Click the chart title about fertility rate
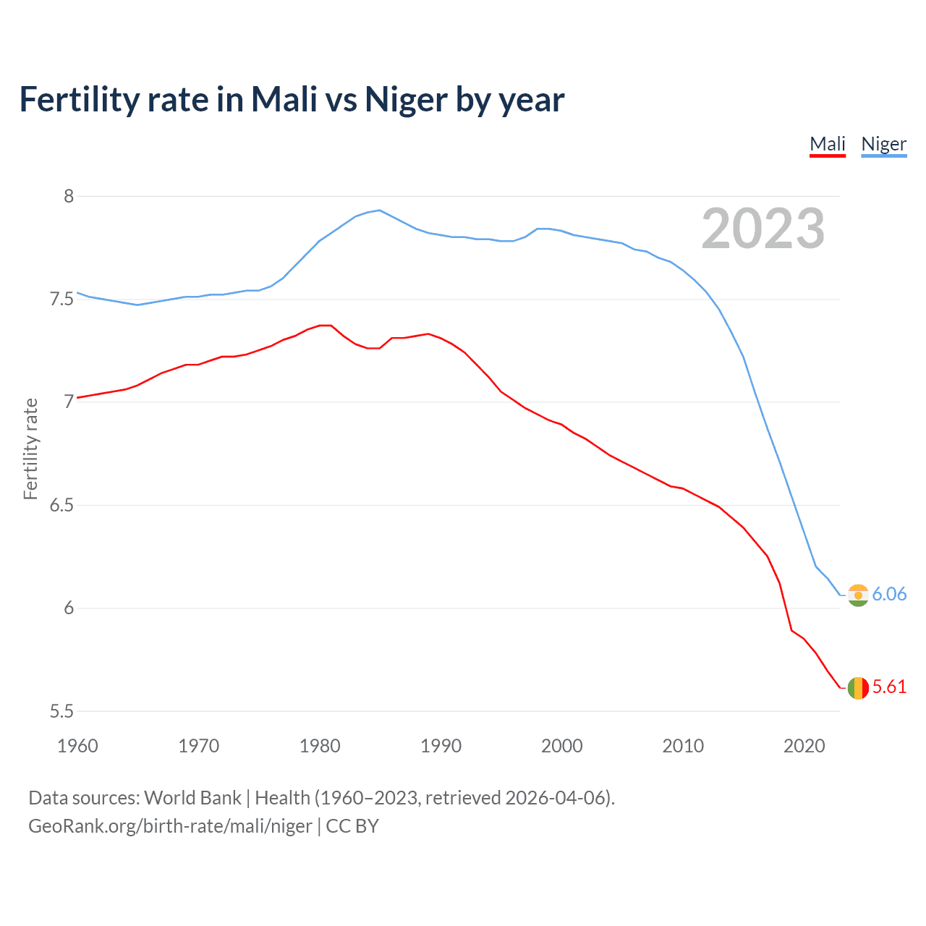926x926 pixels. pos(292,99)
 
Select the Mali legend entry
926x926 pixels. pos(828,144)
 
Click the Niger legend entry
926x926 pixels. pos(883,144)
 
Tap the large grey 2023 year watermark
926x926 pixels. pos(763,229)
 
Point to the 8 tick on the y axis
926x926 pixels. pos(69,196)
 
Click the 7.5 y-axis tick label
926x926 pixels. pos(61,299)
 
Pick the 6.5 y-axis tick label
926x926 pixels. pos(61,505)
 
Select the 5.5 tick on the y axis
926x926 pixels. pos(61,711)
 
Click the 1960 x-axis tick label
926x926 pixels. pos(77,746)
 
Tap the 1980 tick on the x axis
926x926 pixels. pos(320,746)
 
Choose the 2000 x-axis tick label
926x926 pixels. pos(561,746)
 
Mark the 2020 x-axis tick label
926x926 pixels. pos(804,746)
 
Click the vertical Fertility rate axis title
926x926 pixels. pos(30,449)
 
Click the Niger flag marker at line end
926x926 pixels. pos(858,595)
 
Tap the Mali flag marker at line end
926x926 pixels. pos(858,687)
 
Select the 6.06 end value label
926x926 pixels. pos(889,594)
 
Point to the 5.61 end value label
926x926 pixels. pos(889,687)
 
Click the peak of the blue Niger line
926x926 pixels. pos(380,211)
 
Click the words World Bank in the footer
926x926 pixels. pos(192,798)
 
